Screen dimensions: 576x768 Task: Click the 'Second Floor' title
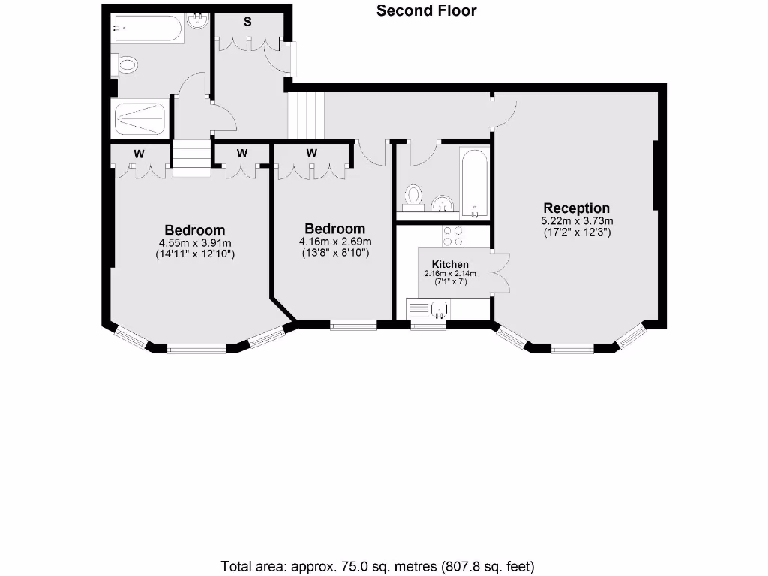point(426,10)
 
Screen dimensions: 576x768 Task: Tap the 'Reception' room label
point(576,208)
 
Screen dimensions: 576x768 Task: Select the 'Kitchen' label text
point(450,264)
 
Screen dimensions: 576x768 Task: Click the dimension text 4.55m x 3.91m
point(195,243)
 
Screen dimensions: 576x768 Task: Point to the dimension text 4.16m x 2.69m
point(334,241)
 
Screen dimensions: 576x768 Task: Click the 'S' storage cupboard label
point(247,22)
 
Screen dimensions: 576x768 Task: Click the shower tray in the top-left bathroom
point(139,117)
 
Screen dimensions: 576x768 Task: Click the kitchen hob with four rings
point(453,236)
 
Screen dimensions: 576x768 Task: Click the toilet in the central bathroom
point(413,197)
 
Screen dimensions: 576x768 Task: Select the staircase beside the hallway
point(306,115)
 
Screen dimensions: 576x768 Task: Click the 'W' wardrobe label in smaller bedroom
point(312,153)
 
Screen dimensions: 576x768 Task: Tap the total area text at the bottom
point(377,566)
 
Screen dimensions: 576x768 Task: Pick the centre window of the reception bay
point(573,349)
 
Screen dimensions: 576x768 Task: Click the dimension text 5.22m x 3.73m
point(577,221)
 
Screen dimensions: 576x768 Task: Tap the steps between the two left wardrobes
point(191,158)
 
